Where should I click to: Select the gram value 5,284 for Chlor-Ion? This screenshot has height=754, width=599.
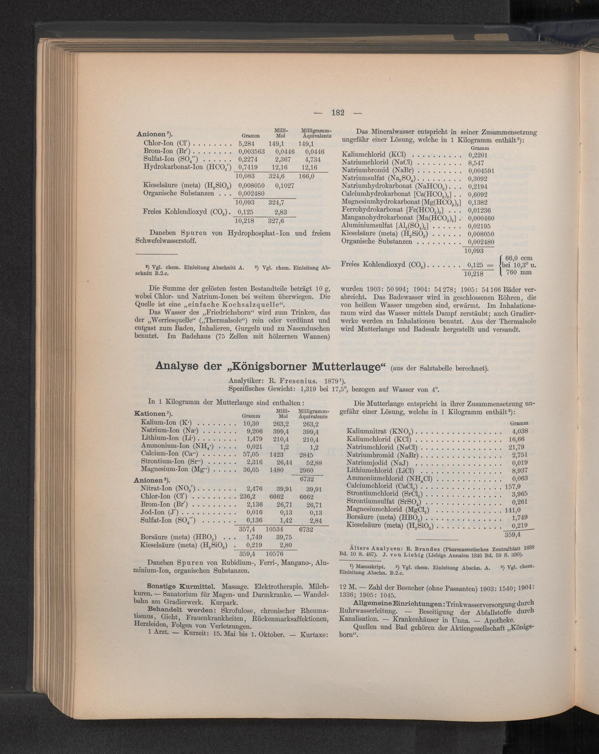pyautogui.click(x=247, y=143)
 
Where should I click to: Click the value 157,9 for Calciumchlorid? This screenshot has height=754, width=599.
pyautogui.click(x=516, y=486)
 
